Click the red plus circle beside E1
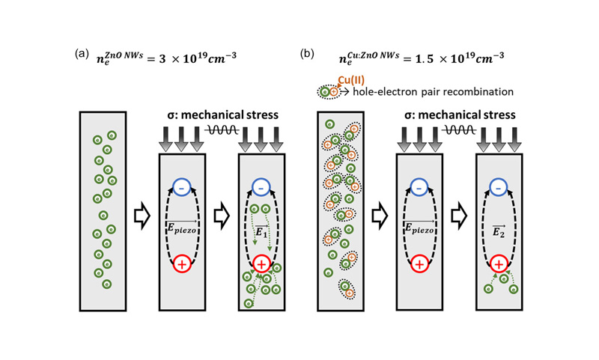click(261, 263)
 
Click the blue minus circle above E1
click(260, 187)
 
